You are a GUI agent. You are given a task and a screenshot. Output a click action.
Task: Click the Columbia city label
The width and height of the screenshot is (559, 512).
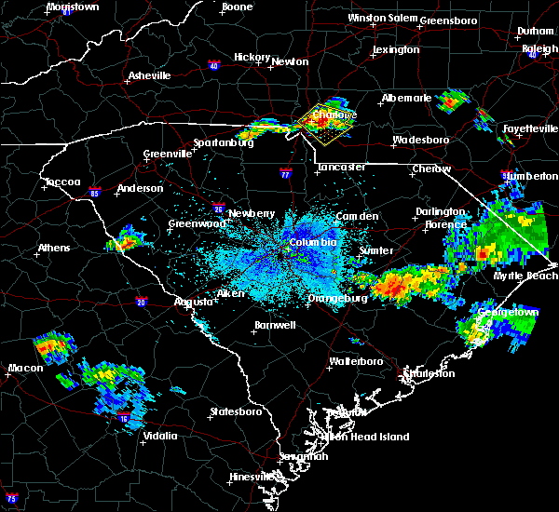click(311, 242)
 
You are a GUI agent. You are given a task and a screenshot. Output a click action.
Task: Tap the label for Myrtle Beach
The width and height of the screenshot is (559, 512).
click(531, 276)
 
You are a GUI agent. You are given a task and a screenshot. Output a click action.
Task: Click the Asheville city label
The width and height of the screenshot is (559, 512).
click(150, 75)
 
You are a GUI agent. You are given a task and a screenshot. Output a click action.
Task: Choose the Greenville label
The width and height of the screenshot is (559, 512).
click(168, 155)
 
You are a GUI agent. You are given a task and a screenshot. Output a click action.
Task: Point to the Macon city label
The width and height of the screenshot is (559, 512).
click(25, 369)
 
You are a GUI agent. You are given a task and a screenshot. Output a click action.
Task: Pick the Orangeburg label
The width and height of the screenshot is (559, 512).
click(339, 298)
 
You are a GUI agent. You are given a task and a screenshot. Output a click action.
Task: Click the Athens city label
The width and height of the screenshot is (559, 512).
click(55, 248)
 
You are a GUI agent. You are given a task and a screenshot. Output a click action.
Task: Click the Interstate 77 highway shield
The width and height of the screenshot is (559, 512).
click(285, 173)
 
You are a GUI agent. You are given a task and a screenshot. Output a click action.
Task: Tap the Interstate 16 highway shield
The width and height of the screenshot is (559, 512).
click(123, 419)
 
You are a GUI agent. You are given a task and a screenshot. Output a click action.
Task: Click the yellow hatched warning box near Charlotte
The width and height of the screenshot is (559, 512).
click(327, 128)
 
